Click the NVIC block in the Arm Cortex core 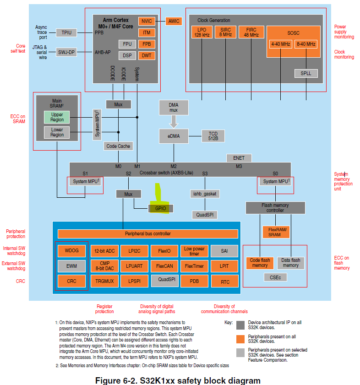pos(147,21)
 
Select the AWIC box pos(174,21)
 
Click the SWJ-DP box pos(66,52)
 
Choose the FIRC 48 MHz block pos(251,33)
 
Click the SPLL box pos(305,73)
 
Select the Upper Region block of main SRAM pos(57,117)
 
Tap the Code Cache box pos(118,146)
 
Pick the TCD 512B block pos(213,136)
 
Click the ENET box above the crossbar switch pos(239,158)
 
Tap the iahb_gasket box pos(204,194)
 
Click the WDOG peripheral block pos(71,251)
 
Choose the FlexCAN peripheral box pos(164,266)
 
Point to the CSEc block pos(275,277)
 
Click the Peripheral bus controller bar pos(147,234)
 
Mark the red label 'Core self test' pos(21,49)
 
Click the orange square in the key pos(240,339)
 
